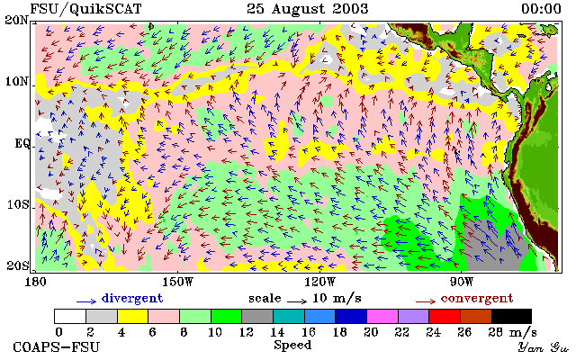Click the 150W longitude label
pyautogui.click(x=178, y=282)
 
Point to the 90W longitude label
pyautogui.click(x=462, y=282)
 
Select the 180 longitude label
pyautogui.click(x=35, y=282)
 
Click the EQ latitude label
pyautogui.click(x=22, y=143)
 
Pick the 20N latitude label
pyautogui.click(x=16, y=20)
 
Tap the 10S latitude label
pyautogui.click(x=17, y=205)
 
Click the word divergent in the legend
pyautogui.click(x=132, y=299)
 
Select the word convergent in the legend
pyautogui.click(x=477, y=299)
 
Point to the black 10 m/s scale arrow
pyautogui.click(x=297, y=301)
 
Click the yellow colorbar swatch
pyautogui.click(x=133, y=317)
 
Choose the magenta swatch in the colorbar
pyautogui.click(x=382, y=317)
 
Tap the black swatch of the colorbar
pyautogui.click(x=511, y=317)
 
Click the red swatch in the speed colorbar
pyautogui.click(x=445, y=317)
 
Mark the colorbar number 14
pyautogui.click(x=277, y=332)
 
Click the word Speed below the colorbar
pyautogui.click(x=292, y=346)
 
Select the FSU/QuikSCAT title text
pyautogui.click(x=85, y=9)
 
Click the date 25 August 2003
pyautogui.click(x=308, y=9)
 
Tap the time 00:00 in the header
pyautogui.click(x=541, y=9)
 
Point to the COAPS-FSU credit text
pyautogui.click(x=57, y=347)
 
